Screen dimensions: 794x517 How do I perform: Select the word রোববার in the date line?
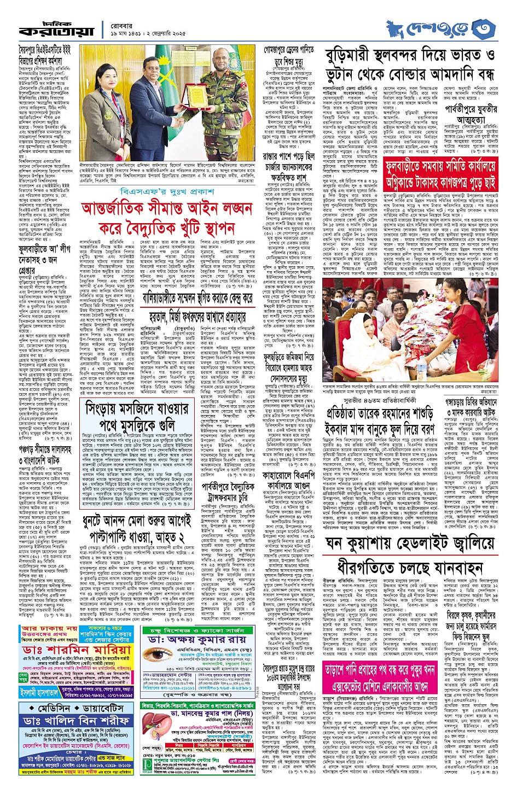tap(119, 23)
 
